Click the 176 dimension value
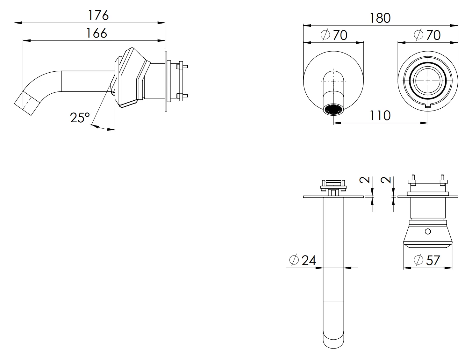98,15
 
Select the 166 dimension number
97,33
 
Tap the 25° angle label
80,118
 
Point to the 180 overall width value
380,18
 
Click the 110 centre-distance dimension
380,116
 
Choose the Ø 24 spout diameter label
303,260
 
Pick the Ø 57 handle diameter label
427,260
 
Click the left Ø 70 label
334,35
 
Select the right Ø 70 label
427,35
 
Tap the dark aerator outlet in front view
333,110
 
